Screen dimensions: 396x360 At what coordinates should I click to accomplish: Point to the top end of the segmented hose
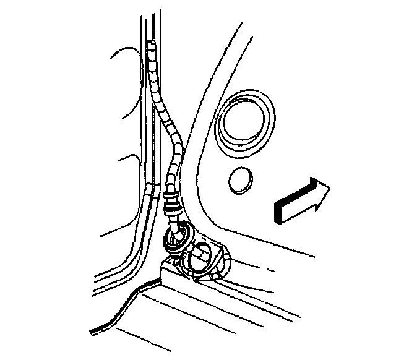[152, 45]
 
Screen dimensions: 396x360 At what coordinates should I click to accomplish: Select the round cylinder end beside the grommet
[202, 254]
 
